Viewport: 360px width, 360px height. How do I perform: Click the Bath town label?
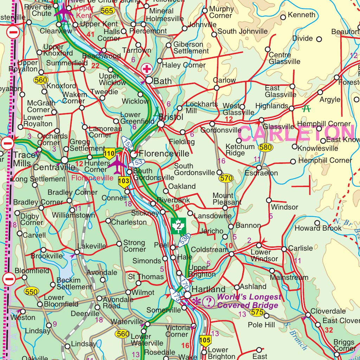pos(163,81)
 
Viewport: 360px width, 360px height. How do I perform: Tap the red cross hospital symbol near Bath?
pos(146,69)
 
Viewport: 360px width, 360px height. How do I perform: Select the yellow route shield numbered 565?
pos(107,11)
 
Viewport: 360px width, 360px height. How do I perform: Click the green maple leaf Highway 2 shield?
pos(179,226)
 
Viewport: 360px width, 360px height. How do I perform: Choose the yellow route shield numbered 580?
pos(265,148)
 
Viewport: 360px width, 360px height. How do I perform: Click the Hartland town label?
pos(208,290)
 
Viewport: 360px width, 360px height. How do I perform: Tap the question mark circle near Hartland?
pos(209,302)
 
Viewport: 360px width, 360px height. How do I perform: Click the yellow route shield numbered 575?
pos(257,312)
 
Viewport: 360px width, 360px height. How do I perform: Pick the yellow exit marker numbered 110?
pos(110,153)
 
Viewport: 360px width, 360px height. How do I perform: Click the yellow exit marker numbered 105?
pos(205,340)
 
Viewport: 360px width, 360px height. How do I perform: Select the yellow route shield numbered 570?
pos(226,179)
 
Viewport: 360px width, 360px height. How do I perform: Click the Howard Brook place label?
pos(318,228)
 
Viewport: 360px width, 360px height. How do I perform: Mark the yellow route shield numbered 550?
pos(31,292)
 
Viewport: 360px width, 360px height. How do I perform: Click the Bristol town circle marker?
pos(161,124)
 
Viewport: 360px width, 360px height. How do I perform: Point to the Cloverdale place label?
pos(328,311)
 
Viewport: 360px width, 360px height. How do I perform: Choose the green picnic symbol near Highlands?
pos(307,109)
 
